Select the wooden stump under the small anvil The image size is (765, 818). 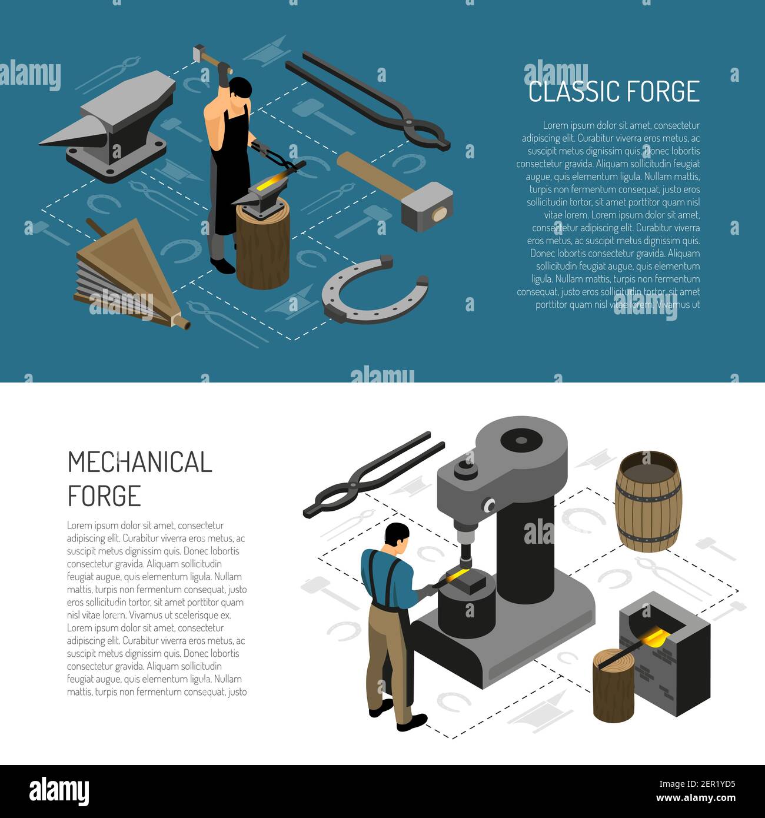262,247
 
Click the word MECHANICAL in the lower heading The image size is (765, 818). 139,463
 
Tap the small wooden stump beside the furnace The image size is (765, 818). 613,686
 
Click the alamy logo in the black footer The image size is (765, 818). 59,791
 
